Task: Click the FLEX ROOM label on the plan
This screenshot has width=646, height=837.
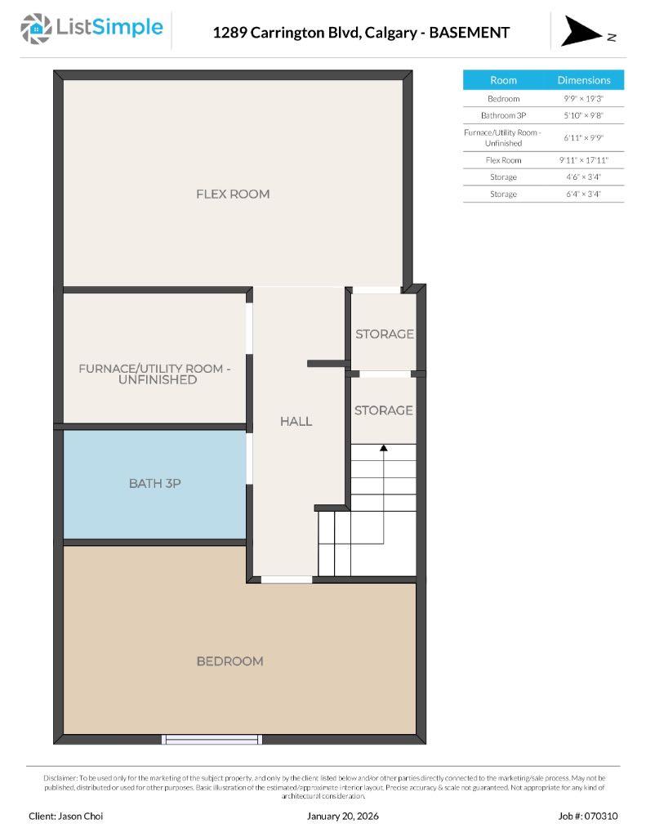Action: [x=233, y=194]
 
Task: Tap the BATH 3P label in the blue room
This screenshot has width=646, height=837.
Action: [x=155, y=483]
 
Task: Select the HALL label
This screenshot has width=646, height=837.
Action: [x=296, y=421]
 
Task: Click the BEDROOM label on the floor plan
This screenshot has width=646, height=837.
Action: [x=229, y=661]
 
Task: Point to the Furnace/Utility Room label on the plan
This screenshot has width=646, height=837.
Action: [x=154, y=374]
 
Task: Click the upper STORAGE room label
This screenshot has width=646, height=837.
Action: [x=384, y=334]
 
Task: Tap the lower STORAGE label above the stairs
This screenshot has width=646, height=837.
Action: [x=383, y=410]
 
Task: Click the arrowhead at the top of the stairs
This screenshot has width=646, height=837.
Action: [x=383, y=446]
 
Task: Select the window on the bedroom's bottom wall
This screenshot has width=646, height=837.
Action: [x=212, y=739]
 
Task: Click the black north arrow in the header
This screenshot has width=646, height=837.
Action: [x=581, y=31]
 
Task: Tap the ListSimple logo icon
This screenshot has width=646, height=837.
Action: [x=35, y=29]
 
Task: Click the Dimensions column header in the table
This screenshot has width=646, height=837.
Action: [x=584, y=80]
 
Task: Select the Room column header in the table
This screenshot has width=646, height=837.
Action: [x=503, y=80]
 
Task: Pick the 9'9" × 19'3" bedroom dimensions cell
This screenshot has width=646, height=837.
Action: [x=584, y=98]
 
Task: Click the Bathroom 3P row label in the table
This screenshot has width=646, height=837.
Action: [x=503, y=115]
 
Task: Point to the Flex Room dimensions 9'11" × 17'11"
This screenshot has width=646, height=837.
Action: [x=584, y=160]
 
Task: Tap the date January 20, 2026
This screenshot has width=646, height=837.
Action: [x=343, y=816]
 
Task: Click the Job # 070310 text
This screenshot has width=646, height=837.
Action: [x=588, y=816]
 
